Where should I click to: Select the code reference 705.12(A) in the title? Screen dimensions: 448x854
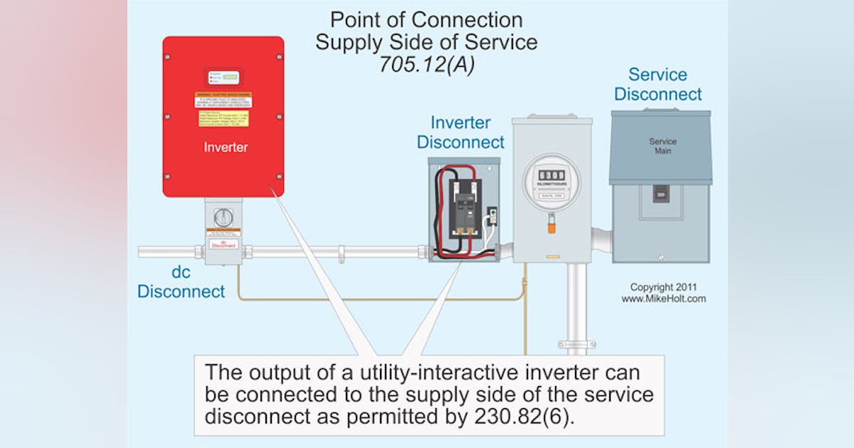point(426,65)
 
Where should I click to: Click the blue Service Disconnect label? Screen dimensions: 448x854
point(658,85)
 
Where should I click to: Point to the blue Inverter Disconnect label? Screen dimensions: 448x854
point(460,132)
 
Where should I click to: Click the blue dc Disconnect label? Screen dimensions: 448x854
point(181,282)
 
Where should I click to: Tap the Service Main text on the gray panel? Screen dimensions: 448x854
point(662,146)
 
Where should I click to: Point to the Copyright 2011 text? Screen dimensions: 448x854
point(663,287)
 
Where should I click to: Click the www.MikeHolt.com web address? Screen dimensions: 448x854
point(663,299)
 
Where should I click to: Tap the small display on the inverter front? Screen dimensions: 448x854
point(223,78)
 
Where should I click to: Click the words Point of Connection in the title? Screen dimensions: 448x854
point(426,19)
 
